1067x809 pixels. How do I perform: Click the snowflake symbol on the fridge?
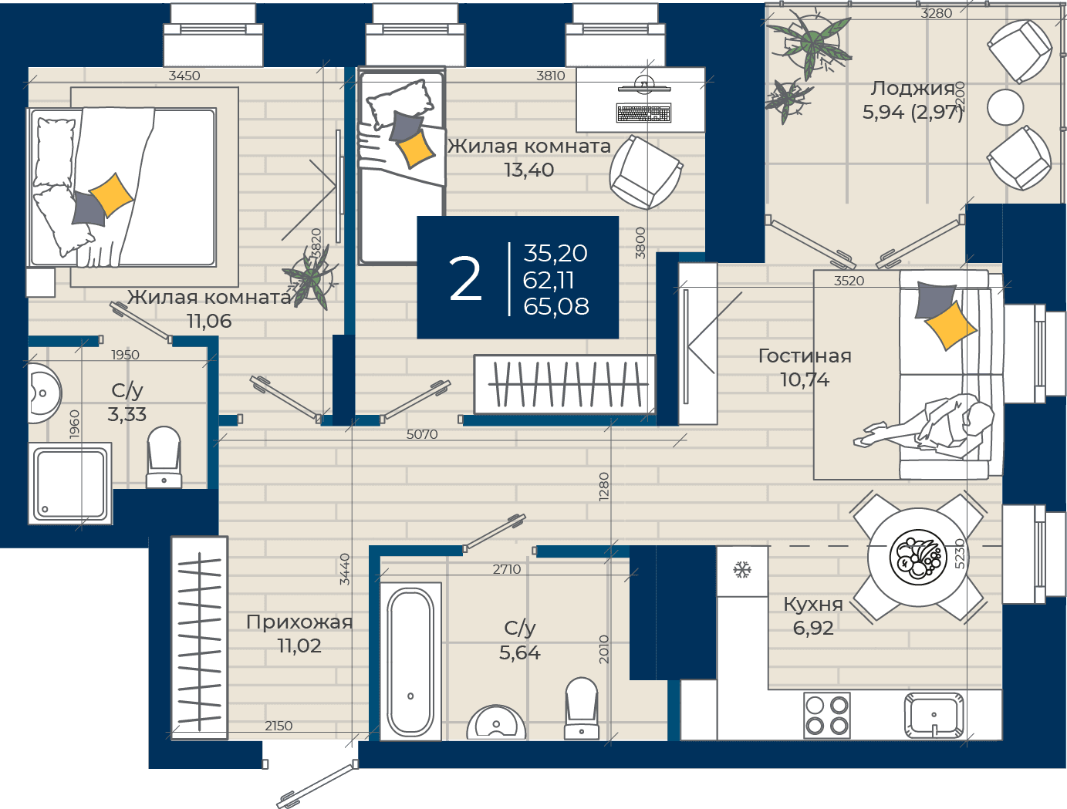[x=742, y=569]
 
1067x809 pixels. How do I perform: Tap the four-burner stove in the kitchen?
[x=827, y=715]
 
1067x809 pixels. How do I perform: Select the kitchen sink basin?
[x=934, y=716]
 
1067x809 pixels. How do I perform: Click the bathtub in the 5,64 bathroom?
[x=410, y=661]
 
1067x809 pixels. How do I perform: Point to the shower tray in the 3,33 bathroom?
[x=70, y=483]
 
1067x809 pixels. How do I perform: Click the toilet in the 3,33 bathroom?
[x=164, y=457]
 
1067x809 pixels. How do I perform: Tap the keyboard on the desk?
[x=643, y=113]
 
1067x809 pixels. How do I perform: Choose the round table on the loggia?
[x=1005, y=107]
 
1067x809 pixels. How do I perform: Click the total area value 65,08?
[x=556, y=307]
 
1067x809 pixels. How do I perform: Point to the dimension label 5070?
[x=422, y=434]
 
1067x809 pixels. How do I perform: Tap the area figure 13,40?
[x=529, y=170]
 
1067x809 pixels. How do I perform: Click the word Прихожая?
[x=299, y=622]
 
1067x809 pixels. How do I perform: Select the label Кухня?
[x=813, y=604]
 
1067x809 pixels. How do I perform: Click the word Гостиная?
[x=805, y=356]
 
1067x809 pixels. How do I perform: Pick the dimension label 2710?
[x=507, y=569]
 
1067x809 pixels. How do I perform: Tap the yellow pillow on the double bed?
[x=111, y=194]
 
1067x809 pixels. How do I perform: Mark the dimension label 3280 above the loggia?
[x=937, y=13]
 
